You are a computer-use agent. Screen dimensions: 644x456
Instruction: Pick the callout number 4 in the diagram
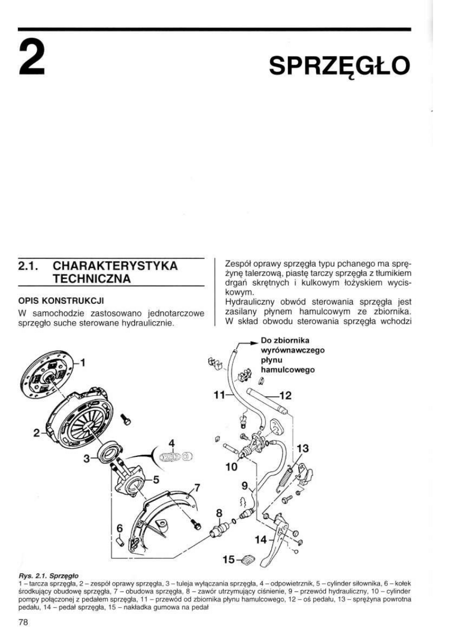click(172, 442)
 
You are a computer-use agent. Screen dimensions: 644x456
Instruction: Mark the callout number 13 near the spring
click(302, 448)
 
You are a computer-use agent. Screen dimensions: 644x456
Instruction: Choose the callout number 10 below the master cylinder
click(231, 466)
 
